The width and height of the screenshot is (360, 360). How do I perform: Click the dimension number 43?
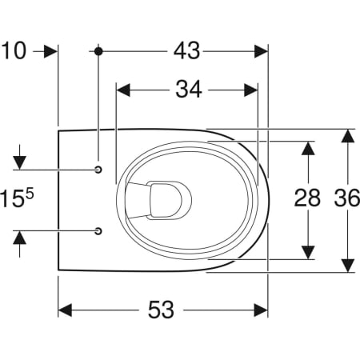(x=186, y=50)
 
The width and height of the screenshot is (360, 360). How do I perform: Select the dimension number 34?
(x=189, y=90)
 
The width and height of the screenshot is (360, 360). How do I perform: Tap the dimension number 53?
(x=161, y=310)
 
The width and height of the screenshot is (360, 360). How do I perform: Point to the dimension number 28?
(x=307, y=198)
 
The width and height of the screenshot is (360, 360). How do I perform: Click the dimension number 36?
(x=347, y=198)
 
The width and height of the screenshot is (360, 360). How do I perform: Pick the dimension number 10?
(x=14, y=50)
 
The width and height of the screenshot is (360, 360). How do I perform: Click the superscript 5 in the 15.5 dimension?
(x=30, y=194)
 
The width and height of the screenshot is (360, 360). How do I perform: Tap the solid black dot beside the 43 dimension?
(x=98, y=51)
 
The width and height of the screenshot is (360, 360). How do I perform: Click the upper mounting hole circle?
(x=98, y=170)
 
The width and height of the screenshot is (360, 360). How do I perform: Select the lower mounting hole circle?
(x=98, y=231)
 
